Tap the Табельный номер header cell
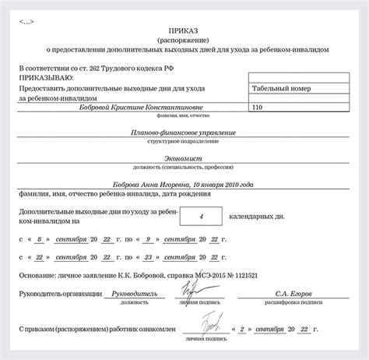coord(282,89)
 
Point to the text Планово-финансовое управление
coord(184,132)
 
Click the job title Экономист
coord(184,157)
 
